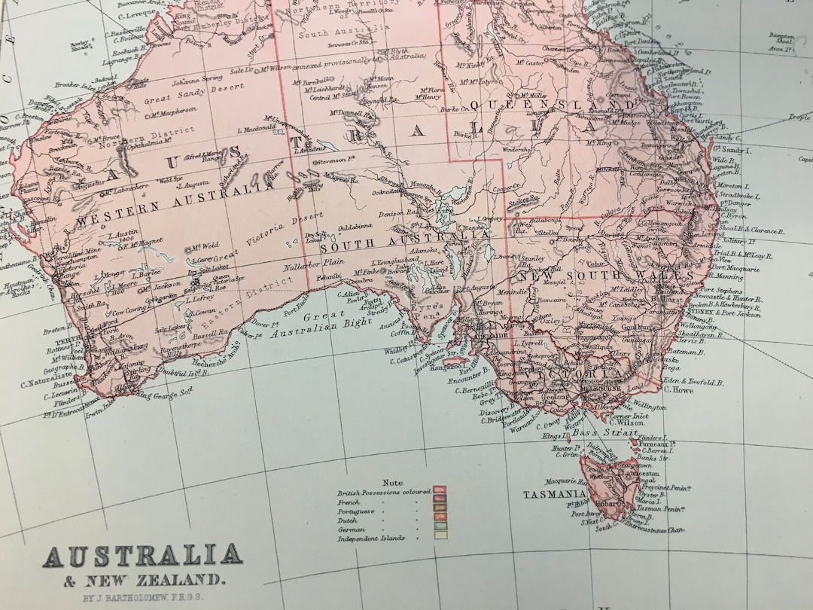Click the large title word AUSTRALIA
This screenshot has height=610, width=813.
tap(142, 557)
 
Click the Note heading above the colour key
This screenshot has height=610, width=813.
tap(392, 483)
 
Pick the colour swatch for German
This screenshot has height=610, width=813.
tap(440, 529)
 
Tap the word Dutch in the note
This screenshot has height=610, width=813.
tap(348, 520)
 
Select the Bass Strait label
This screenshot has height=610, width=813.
tap(595, 434)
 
